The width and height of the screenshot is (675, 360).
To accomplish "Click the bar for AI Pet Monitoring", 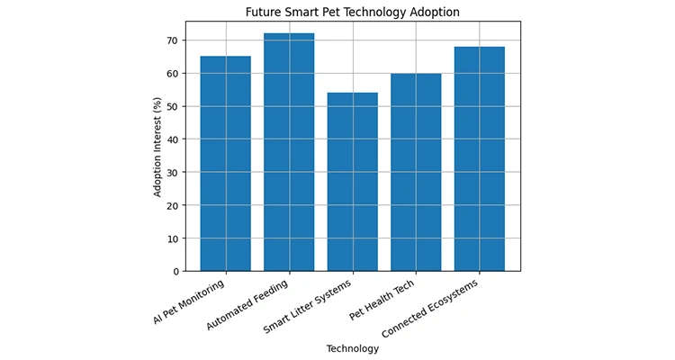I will click(225, 164).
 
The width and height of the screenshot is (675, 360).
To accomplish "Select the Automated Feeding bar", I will click(289, 152).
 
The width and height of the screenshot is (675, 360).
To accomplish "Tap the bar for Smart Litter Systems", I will click(352, 182).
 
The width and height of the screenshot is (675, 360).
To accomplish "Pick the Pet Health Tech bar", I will click(416, 172).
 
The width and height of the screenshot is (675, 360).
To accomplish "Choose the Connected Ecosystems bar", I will click(479, 158).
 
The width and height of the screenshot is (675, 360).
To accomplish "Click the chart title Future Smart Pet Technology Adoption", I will click(352, 13).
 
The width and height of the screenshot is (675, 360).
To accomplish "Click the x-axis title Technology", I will click(352, 349).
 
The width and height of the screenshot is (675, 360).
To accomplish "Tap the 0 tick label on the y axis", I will click(175, 271).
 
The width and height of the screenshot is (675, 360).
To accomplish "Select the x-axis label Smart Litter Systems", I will click(314, 304).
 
